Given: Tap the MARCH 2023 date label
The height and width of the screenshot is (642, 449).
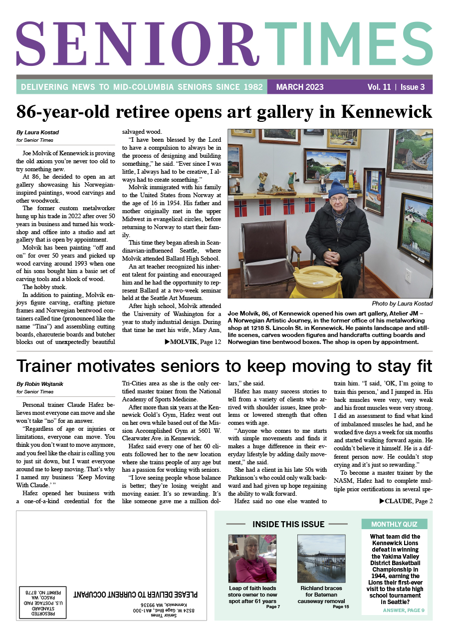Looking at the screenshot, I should [300, 87].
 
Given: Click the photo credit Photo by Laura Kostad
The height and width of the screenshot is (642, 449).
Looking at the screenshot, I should [402, 303].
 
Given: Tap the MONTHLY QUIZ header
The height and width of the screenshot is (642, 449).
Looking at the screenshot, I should [394, 524].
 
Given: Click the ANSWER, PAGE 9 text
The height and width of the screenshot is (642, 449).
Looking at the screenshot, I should [404, 610].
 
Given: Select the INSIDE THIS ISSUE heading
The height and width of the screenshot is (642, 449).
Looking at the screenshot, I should [288, 524].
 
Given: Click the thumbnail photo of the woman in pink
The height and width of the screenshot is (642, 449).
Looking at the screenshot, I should [252, 558].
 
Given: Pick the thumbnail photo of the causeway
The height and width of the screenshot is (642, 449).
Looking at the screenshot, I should [321, 558].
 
